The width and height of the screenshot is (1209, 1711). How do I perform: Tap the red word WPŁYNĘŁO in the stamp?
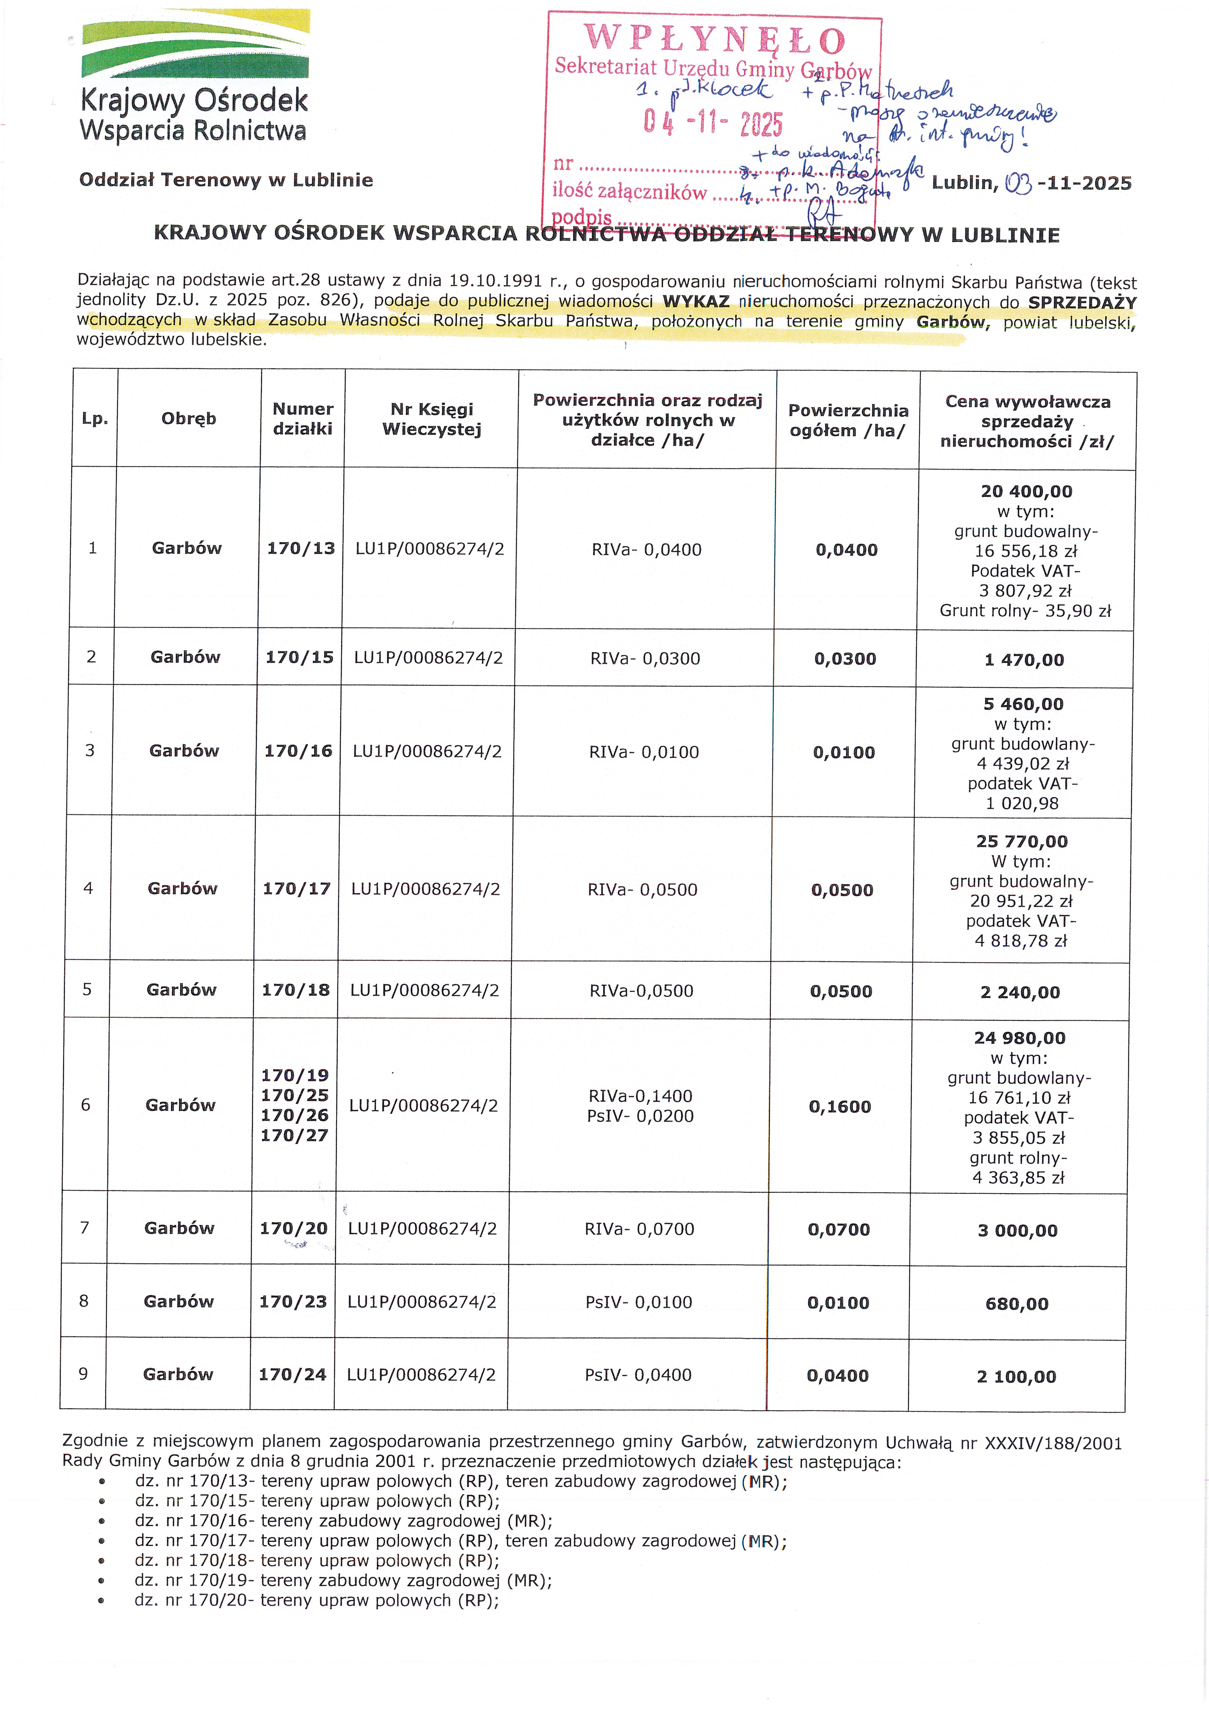tap(714, 39)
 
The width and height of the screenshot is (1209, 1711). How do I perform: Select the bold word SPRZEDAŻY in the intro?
tap(1082, 302)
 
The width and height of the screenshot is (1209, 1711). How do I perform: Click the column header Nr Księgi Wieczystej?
tap(432, 419)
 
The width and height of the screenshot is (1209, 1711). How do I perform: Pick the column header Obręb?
tap(189, 419)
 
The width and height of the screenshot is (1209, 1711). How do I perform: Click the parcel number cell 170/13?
tap(301, 548)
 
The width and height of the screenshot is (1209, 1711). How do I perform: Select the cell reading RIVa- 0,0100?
tap(644, 752)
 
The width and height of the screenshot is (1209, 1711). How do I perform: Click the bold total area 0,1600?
tap(840, 1107)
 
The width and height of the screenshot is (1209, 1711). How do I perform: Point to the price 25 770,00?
tap(1022, 841)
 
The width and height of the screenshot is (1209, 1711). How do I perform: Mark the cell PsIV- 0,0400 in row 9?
tap(638, 1375)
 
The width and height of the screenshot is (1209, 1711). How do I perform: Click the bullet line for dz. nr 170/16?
tap(344, 1521)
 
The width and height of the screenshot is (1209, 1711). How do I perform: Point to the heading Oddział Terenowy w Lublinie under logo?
tap(226, 180)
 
